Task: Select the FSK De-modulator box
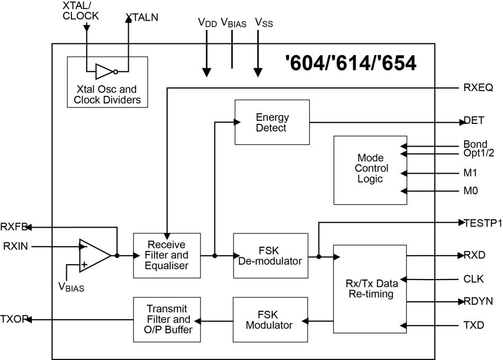270,255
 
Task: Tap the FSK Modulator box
270,319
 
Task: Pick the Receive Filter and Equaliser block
167,255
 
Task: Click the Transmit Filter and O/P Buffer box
167,319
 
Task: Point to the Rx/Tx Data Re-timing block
369,289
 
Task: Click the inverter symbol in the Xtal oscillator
104,71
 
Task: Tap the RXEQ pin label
474,87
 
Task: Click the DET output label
474,121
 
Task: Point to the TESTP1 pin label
483,223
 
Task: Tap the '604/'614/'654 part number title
351,64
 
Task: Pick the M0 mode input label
471,191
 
